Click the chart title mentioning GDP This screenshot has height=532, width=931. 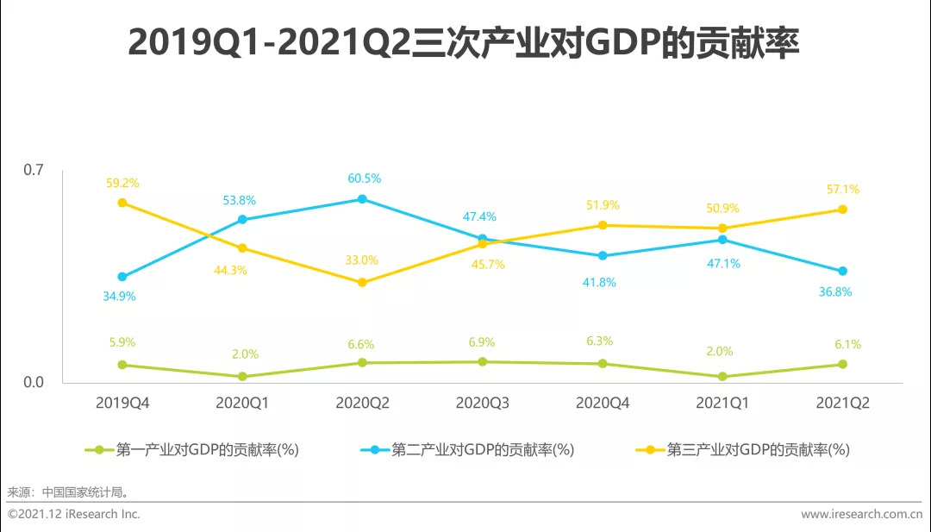click(x=463, y=43)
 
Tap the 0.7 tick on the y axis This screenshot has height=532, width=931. click(x=33, y=170)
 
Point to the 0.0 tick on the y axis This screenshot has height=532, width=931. click(x=33, y=382)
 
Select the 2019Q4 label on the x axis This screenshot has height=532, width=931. click(x=122, y=403)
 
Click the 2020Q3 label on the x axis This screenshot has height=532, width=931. click(x=483, y=403)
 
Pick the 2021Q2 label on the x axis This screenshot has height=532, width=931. click(x=842, y=403)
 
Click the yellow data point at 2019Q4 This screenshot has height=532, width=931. click(x=122, y=203)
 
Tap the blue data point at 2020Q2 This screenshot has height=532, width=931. click(x=362, y=199)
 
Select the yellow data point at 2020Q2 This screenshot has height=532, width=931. click(x=362, y=282)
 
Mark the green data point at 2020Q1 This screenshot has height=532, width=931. click(x=242, y=377)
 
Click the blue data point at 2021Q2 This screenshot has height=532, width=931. click(x=843, y=272)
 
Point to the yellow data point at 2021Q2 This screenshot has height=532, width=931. click(x=843, y=210)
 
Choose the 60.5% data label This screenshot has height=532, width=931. click(x=362, y=178)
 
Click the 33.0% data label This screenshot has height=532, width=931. click(x=362, y=260)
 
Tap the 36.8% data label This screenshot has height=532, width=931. click(x=834, y=292)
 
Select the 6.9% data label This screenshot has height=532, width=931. click(x=482, y=342)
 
